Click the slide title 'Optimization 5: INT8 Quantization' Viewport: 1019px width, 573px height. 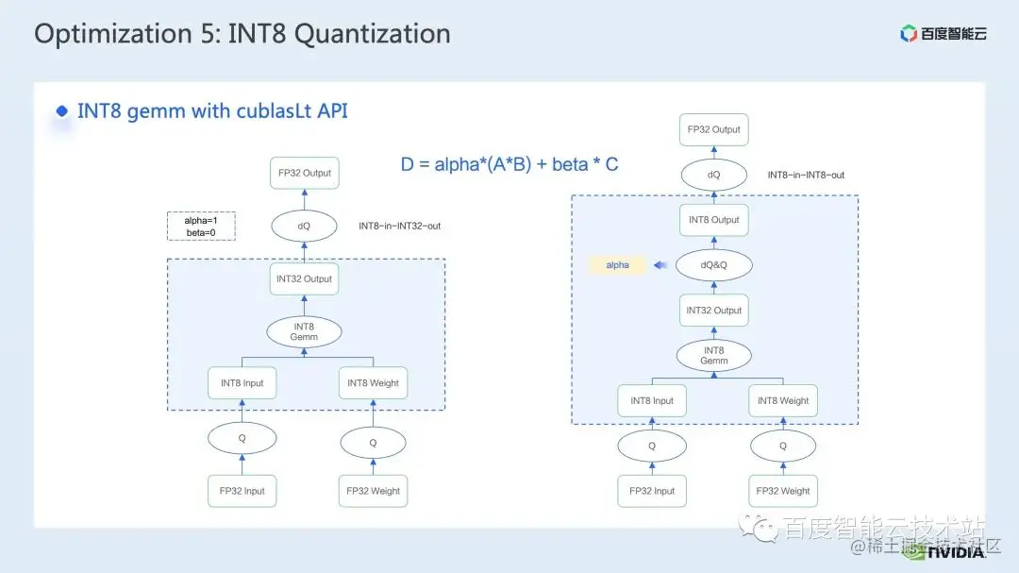pos(242,34)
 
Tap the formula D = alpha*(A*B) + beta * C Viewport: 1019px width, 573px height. pos(509,164)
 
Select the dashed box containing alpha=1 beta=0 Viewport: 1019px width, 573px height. pos(200,227)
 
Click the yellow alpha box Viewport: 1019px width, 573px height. pos(618,265)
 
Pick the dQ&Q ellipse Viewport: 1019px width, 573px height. pos(714,265)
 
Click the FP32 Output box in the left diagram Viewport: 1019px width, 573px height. pos(304,174)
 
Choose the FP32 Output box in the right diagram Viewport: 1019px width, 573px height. pos(714,129)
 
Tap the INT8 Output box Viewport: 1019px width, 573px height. pos(714,220)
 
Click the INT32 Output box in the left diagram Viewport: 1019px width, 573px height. pos(304,279)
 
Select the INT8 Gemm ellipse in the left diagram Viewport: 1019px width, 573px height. pos(304,331)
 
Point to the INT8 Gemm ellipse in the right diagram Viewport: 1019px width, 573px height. pos(714,355)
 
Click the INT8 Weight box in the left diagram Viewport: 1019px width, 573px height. pos(373,383)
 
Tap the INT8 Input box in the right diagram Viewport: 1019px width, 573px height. pos(652,400)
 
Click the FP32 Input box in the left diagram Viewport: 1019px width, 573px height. pos(242,491)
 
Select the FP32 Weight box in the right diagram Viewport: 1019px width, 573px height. pos(782,491)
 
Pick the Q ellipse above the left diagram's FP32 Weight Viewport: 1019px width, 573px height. pos(373,443)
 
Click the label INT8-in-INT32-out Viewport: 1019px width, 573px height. pos(399,227)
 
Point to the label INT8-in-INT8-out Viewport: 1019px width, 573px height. pos(806,176)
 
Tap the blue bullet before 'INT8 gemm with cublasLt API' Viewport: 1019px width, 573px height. pos(62,111)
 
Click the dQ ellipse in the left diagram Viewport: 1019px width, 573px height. pos(304,227)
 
